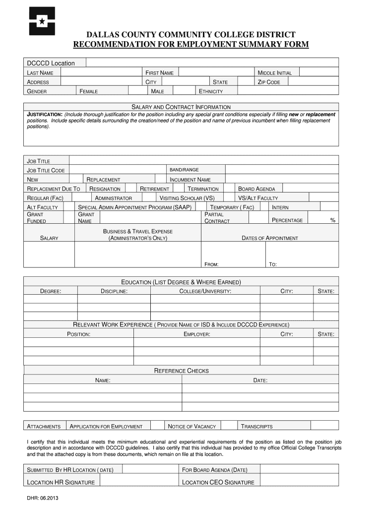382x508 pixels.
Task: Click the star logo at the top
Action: (x=42, y=21)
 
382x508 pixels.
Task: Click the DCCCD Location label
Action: (x=51, y=63)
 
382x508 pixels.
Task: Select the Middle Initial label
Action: (x=275, y=73)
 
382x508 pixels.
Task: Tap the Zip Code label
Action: (x=269, y=82)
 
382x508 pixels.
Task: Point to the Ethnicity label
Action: (x=211, y=91)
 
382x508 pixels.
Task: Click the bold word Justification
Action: (x=44, y=115)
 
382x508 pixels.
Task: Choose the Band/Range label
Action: (x=184, y=170)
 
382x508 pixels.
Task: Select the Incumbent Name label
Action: (x=190, y=180)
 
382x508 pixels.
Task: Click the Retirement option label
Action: (x=155, y=189)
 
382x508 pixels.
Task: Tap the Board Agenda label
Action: (x=256, y=189)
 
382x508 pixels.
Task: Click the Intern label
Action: (x=280, y=207)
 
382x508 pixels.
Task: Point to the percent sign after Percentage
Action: (x=333, y=220)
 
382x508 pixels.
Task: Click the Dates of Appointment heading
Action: (x=270, y=238)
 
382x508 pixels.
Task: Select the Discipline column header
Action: (x=114, y=291)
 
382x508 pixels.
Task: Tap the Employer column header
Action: (x=197, y=334)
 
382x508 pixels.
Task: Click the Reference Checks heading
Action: (x=182, y=371)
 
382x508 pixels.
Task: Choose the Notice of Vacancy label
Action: (x=192, y=426)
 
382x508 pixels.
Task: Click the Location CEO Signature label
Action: (x=218, y=482)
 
